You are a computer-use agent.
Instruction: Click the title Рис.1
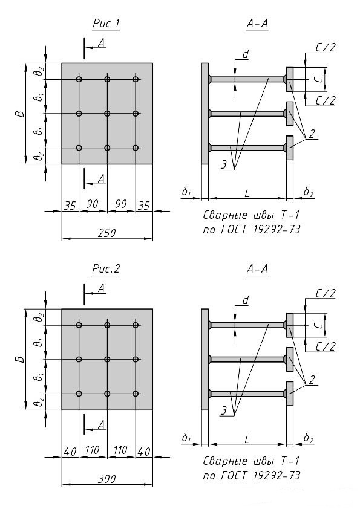pos(106,24)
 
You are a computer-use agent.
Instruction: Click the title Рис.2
pos(106,269)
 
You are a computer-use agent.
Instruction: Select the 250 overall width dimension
pos(106,233)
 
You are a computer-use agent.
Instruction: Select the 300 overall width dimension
pos(106,479)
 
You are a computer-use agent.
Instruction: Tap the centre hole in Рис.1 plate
pos(107,114)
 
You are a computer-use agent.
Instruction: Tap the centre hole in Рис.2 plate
pos(107,359)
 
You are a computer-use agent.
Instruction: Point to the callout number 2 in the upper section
pos(312,134)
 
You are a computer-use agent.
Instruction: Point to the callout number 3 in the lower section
pos(224,410)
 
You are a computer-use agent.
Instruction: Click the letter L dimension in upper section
pos(247,193)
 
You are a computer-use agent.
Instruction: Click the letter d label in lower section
pos(246,300)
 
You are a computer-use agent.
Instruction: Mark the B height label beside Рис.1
pos(20,114)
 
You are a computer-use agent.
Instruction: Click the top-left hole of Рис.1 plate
pos(79,79)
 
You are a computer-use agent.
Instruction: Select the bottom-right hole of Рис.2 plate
pos(136,394)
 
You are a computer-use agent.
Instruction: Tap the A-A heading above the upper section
pos(257,24)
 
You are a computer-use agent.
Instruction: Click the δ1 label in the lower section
pos(186,438)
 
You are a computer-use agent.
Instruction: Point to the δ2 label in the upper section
pos(309,192)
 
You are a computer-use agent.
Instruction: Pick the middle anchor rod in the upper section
pos(247,114)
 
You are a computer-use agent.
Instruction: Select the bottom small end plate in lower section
pos(290,394)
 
